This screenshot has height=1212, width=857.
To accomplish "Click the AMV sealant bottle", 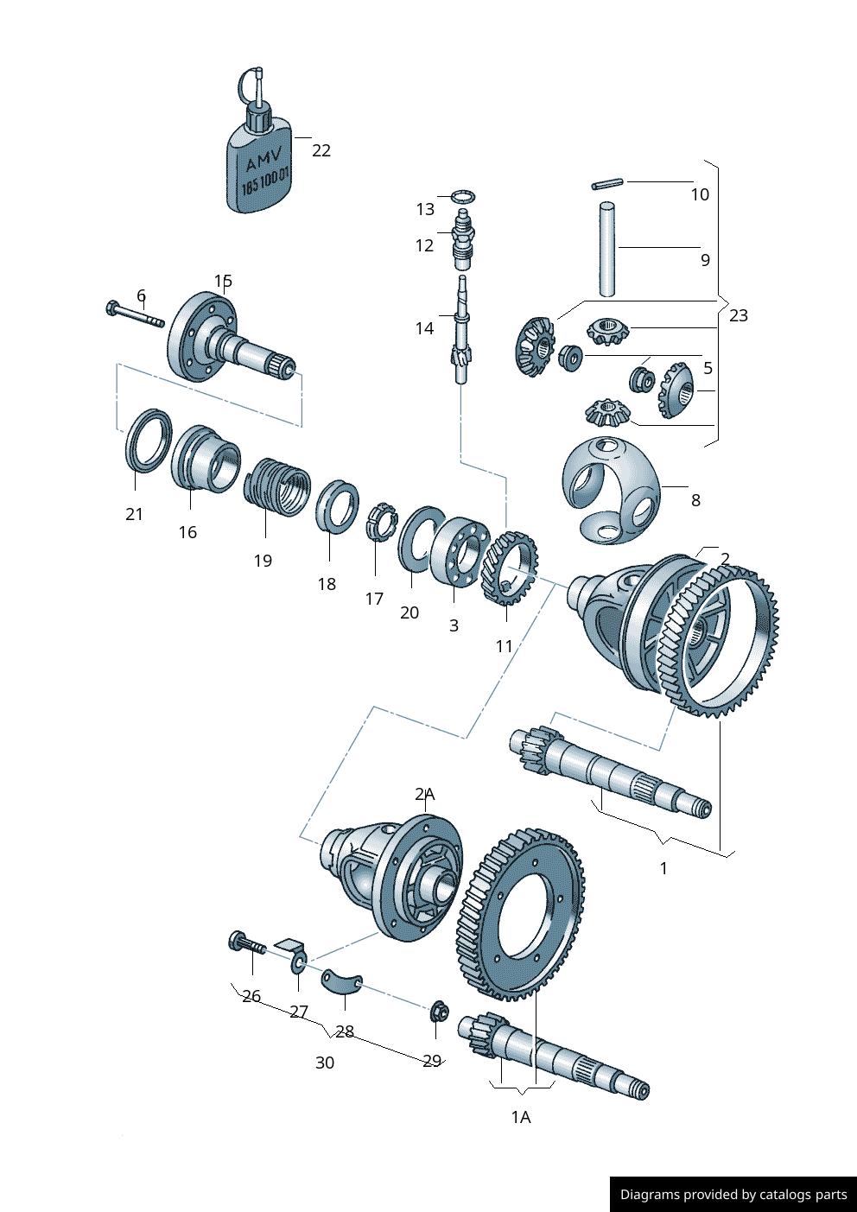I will pyautogui.click(x=259, y=164).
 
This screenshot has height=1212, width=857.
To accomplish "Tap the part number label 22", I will pyautogui.click(x=321, y=150).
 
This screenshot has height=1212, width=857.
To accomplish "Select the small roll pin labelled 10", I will pyautogui.click(x=607, y=183).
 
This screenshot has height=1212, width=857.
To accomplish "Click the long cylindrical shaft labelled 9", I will pyautogui.click(x=608, y=249).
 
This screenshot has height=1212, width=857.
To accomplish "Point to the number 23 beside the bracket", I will pyautogui.click(x=739, y=315).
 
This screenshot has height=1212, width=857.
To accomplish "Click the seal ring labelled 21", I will pyautogui.click(x=146, y=440).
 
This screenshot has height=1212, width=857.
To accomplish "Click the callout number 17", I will pyautogui.click(x=374, y=599).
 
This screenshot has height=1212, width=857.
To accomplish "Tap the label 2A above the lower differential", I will pyautogui.click(x=424, y=794).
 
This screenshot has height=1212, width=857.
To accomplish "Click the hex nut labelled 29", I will pyautogui.click(x=438, y=1010).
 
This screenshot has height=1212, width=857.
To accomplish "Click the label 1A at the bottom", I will pyautogui.click(x=520, y=1117).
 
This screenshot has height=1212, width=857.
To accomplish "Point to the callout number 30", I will pyautogui.click(x=325, y=1063).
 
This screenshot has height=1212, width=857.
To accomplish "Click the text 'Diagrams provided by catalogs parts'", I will pyautogui.click(x=733, y=1195).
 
